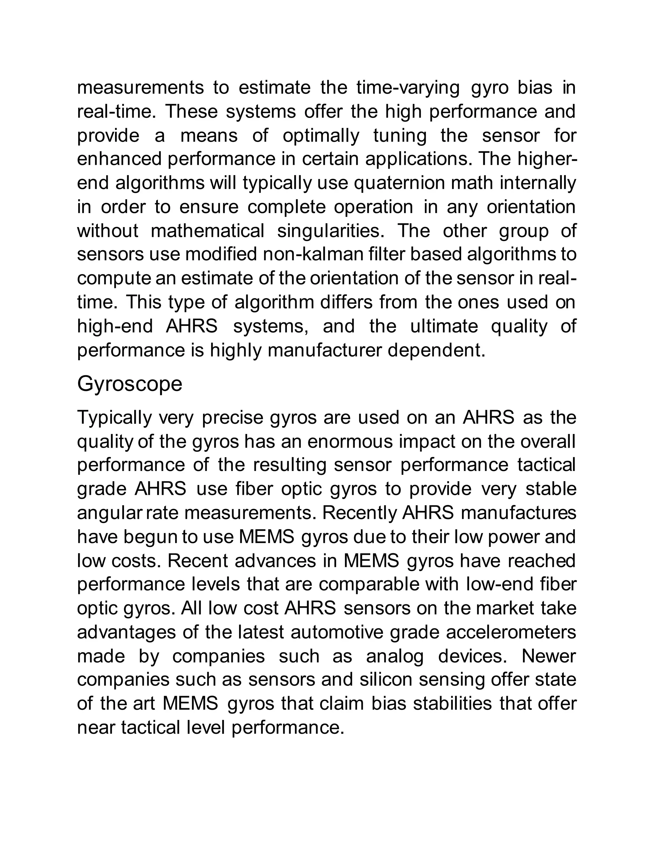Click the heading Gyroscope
pyautogui.click(x=129, y=384)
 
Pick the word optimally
pyautogui.click(x=321, y=136)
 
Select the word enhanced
pyautogui.click(x=119, y=159)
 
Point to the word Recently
pyautogui.click(x=359, y=513)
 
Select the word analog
pyautogui.click(x=395, y=656)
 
